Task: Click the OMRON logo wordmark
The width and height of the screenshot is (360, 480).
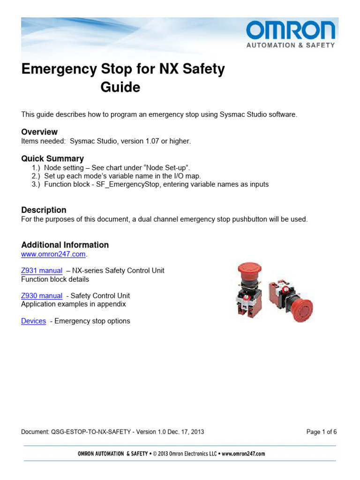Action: pos(291,31)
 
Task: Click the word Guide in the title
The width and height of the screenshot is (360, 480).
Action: pos(120,87)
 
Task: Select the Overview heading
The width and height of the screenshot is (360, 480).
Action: pos(39,132)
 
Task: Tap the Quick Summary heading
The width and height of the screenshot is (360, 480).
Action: pos(52,158)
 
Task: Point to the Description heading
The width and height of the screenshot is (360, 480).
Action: pos(44,210)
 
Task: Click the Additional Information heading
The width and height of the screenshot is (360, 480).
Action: pos(65,245)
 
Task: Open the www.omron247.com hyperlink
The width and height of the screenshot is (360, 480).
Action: pos(53,254)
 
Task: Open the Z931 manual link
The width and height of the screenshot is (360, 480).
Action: pos(42,270)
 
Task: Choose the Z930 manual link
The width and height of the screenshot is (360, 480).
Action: pos(42,296)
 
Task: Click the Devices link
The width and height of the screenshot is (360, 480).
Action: pos(33,321)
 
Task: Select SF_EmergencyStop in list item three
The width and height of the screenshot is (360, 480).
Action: pos(126,184)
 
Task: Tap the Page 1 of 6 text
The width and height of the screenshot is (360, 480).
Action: pos(321,432)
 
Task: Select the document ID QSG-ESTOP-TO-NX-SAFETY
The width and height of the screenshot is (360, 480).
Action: pos(90,432)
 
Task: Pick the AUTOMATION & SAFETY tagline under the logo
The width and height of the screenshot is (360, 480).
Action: pos(291,45)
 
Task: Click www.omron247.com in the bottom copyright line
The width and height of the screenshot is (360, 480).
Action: pos(243,454)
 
